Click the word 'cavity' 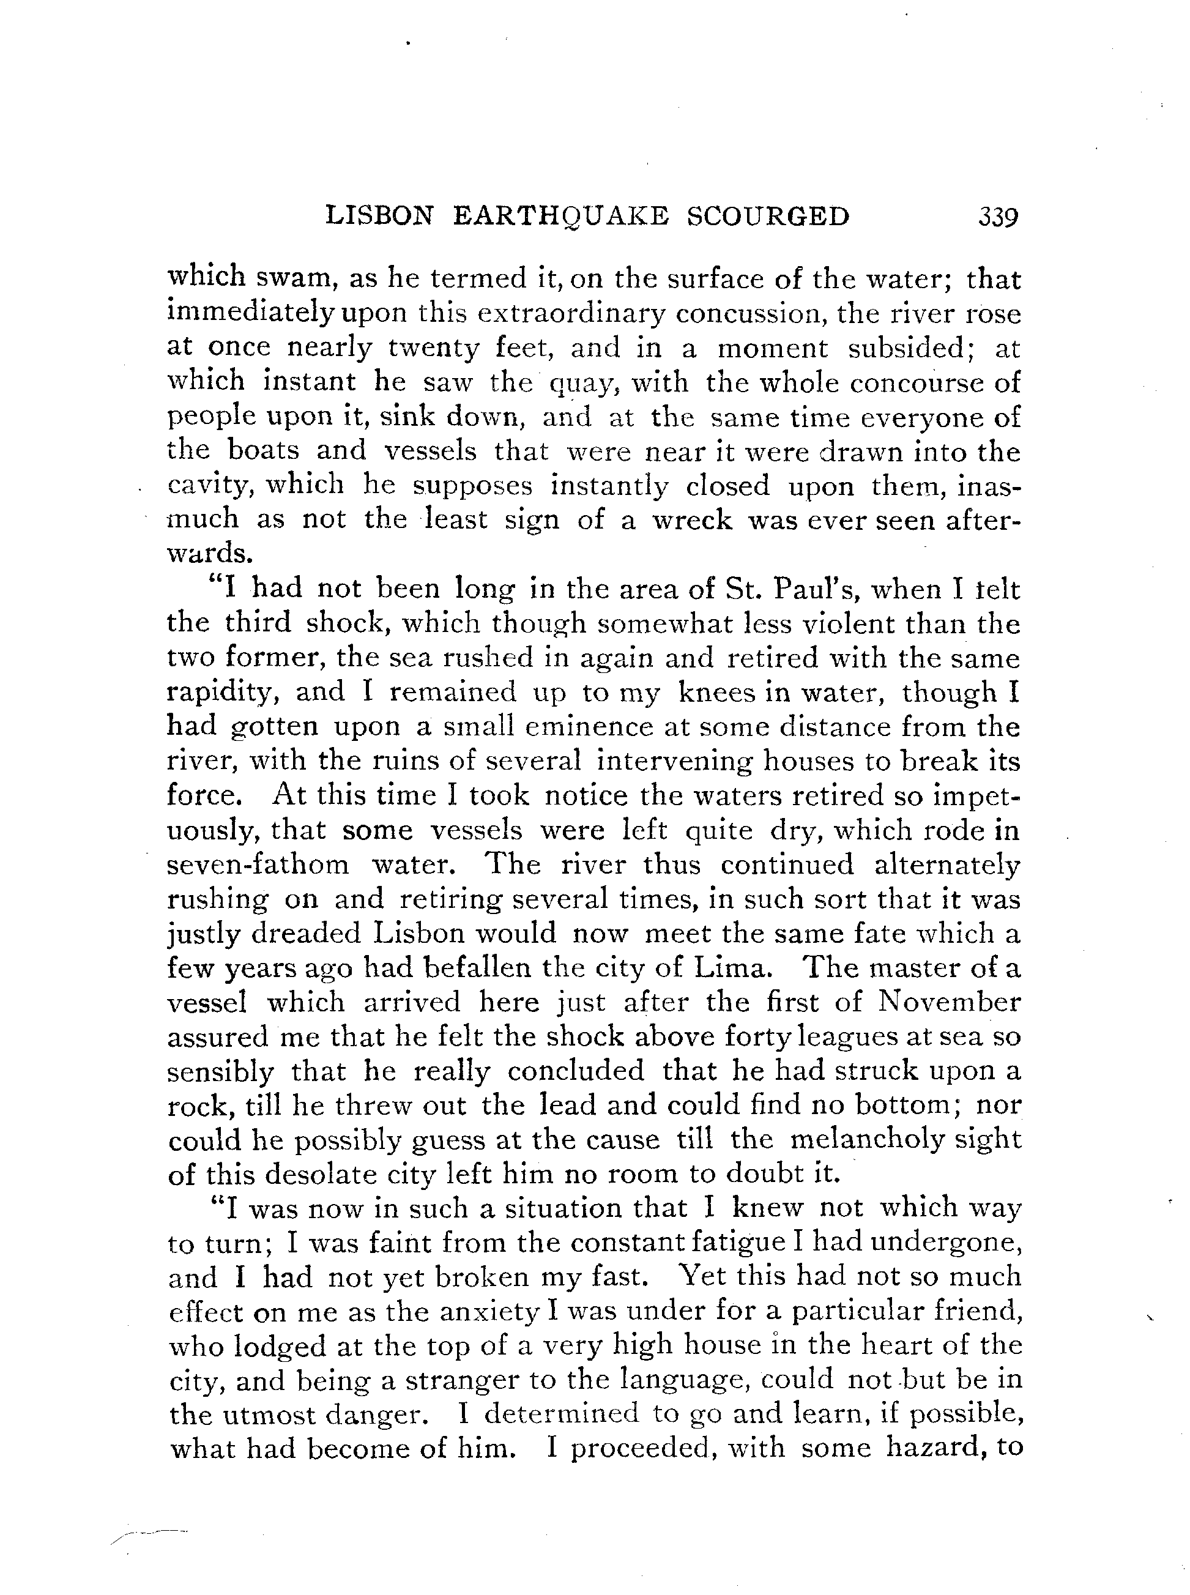click(x=207, y=486)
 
